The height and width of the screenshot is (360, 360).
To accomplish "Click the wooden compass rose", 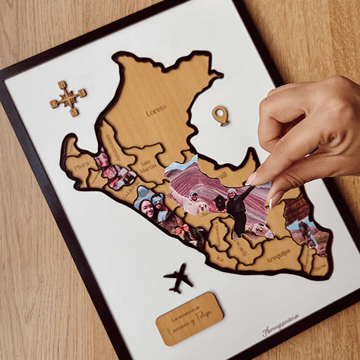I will pyautogui.click(x=68, y=99).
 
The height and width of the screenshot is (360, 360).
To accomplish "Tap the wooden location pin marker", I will pyautogui.click(x=220, y=115).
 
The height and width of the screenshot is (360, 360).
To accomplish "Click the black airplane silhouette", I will pyautogui.click(x=178, y=277).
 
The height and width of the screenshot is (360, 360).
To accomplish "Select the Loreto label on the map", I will pyautogui.click(x=156, y=109).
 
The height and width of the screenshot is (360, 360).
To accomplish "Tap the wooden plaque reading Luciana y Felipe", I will pyautogui.click(x=189, y=318).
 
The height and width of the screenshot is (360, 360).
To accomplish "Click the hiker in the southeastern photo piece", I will pyautogui.click(x=306, y=233).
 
